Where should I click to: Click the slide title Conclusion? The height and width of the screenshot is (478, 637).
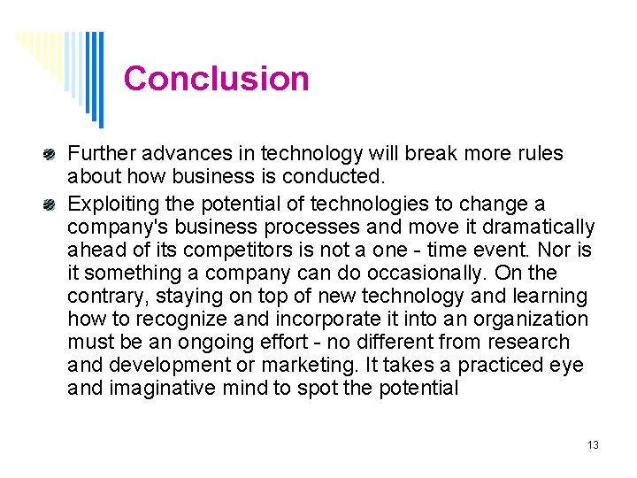pos(217,79)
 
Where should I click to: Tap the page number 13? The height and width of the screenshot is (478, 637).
pos(593,444)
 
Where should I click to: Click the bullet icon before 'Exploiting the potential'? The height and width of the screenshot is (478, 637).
pos(52,203)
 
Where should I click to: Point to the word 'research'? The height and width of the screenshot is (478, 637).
pos(528,343)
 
